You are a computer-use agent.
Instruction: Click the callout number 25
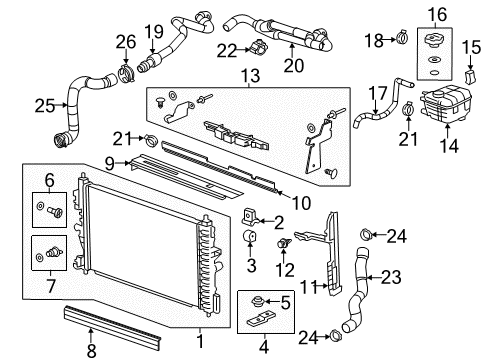[42, 103]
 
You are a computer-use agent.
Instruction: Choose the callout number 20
[292, 68]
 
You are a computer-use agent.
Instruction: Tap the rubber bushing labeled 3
[251, 237]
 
